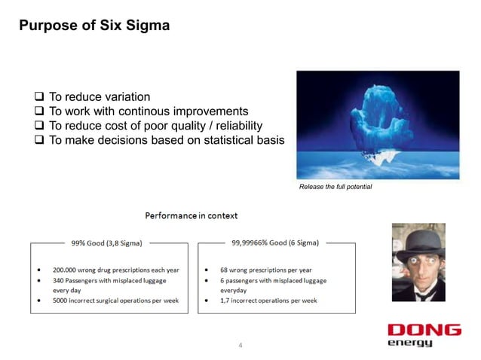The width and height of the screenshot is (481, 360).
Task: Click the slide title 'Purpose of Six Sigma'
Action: pos(94,26)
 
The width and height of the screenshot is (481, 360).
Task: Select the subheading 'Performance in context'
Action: pos(191,215)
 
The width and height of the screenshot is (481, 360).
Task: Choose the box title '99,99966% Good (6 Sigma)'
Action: pos(275,243)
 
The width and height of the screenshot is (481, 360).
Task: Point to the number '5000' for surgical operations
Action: pos(62,300)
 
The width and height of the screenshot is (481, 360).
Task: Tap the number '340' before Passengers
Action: pos(59,279)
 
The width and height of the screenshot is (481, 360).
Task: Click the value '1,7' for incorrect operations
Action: pos(225,300)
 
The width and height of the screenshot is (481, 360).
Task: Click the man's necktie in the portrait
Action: pos(420,294)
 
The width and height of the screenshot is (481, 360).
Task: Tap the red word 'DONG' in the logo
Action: pos(424,330)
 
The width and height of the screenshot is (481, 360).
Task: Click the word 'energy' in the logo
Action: pos(410,343)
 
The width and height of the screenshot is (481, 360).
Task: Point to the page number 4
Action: pos(240,346)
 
